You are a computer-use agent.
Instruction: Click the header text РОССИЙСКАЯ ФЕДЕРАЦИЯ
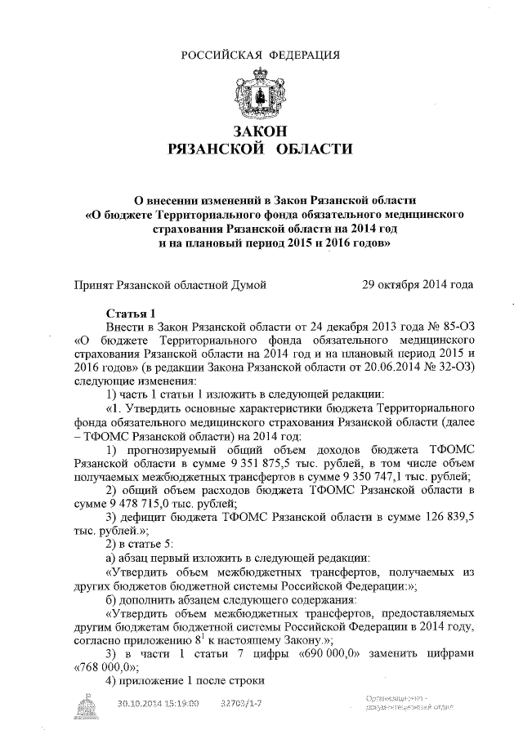261,55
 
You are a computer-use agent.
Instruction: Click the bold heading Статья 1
132,314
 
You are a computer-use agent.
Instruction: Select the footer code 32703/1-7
242,702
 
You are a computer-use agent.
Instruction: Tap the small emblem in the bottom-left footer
87,703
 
